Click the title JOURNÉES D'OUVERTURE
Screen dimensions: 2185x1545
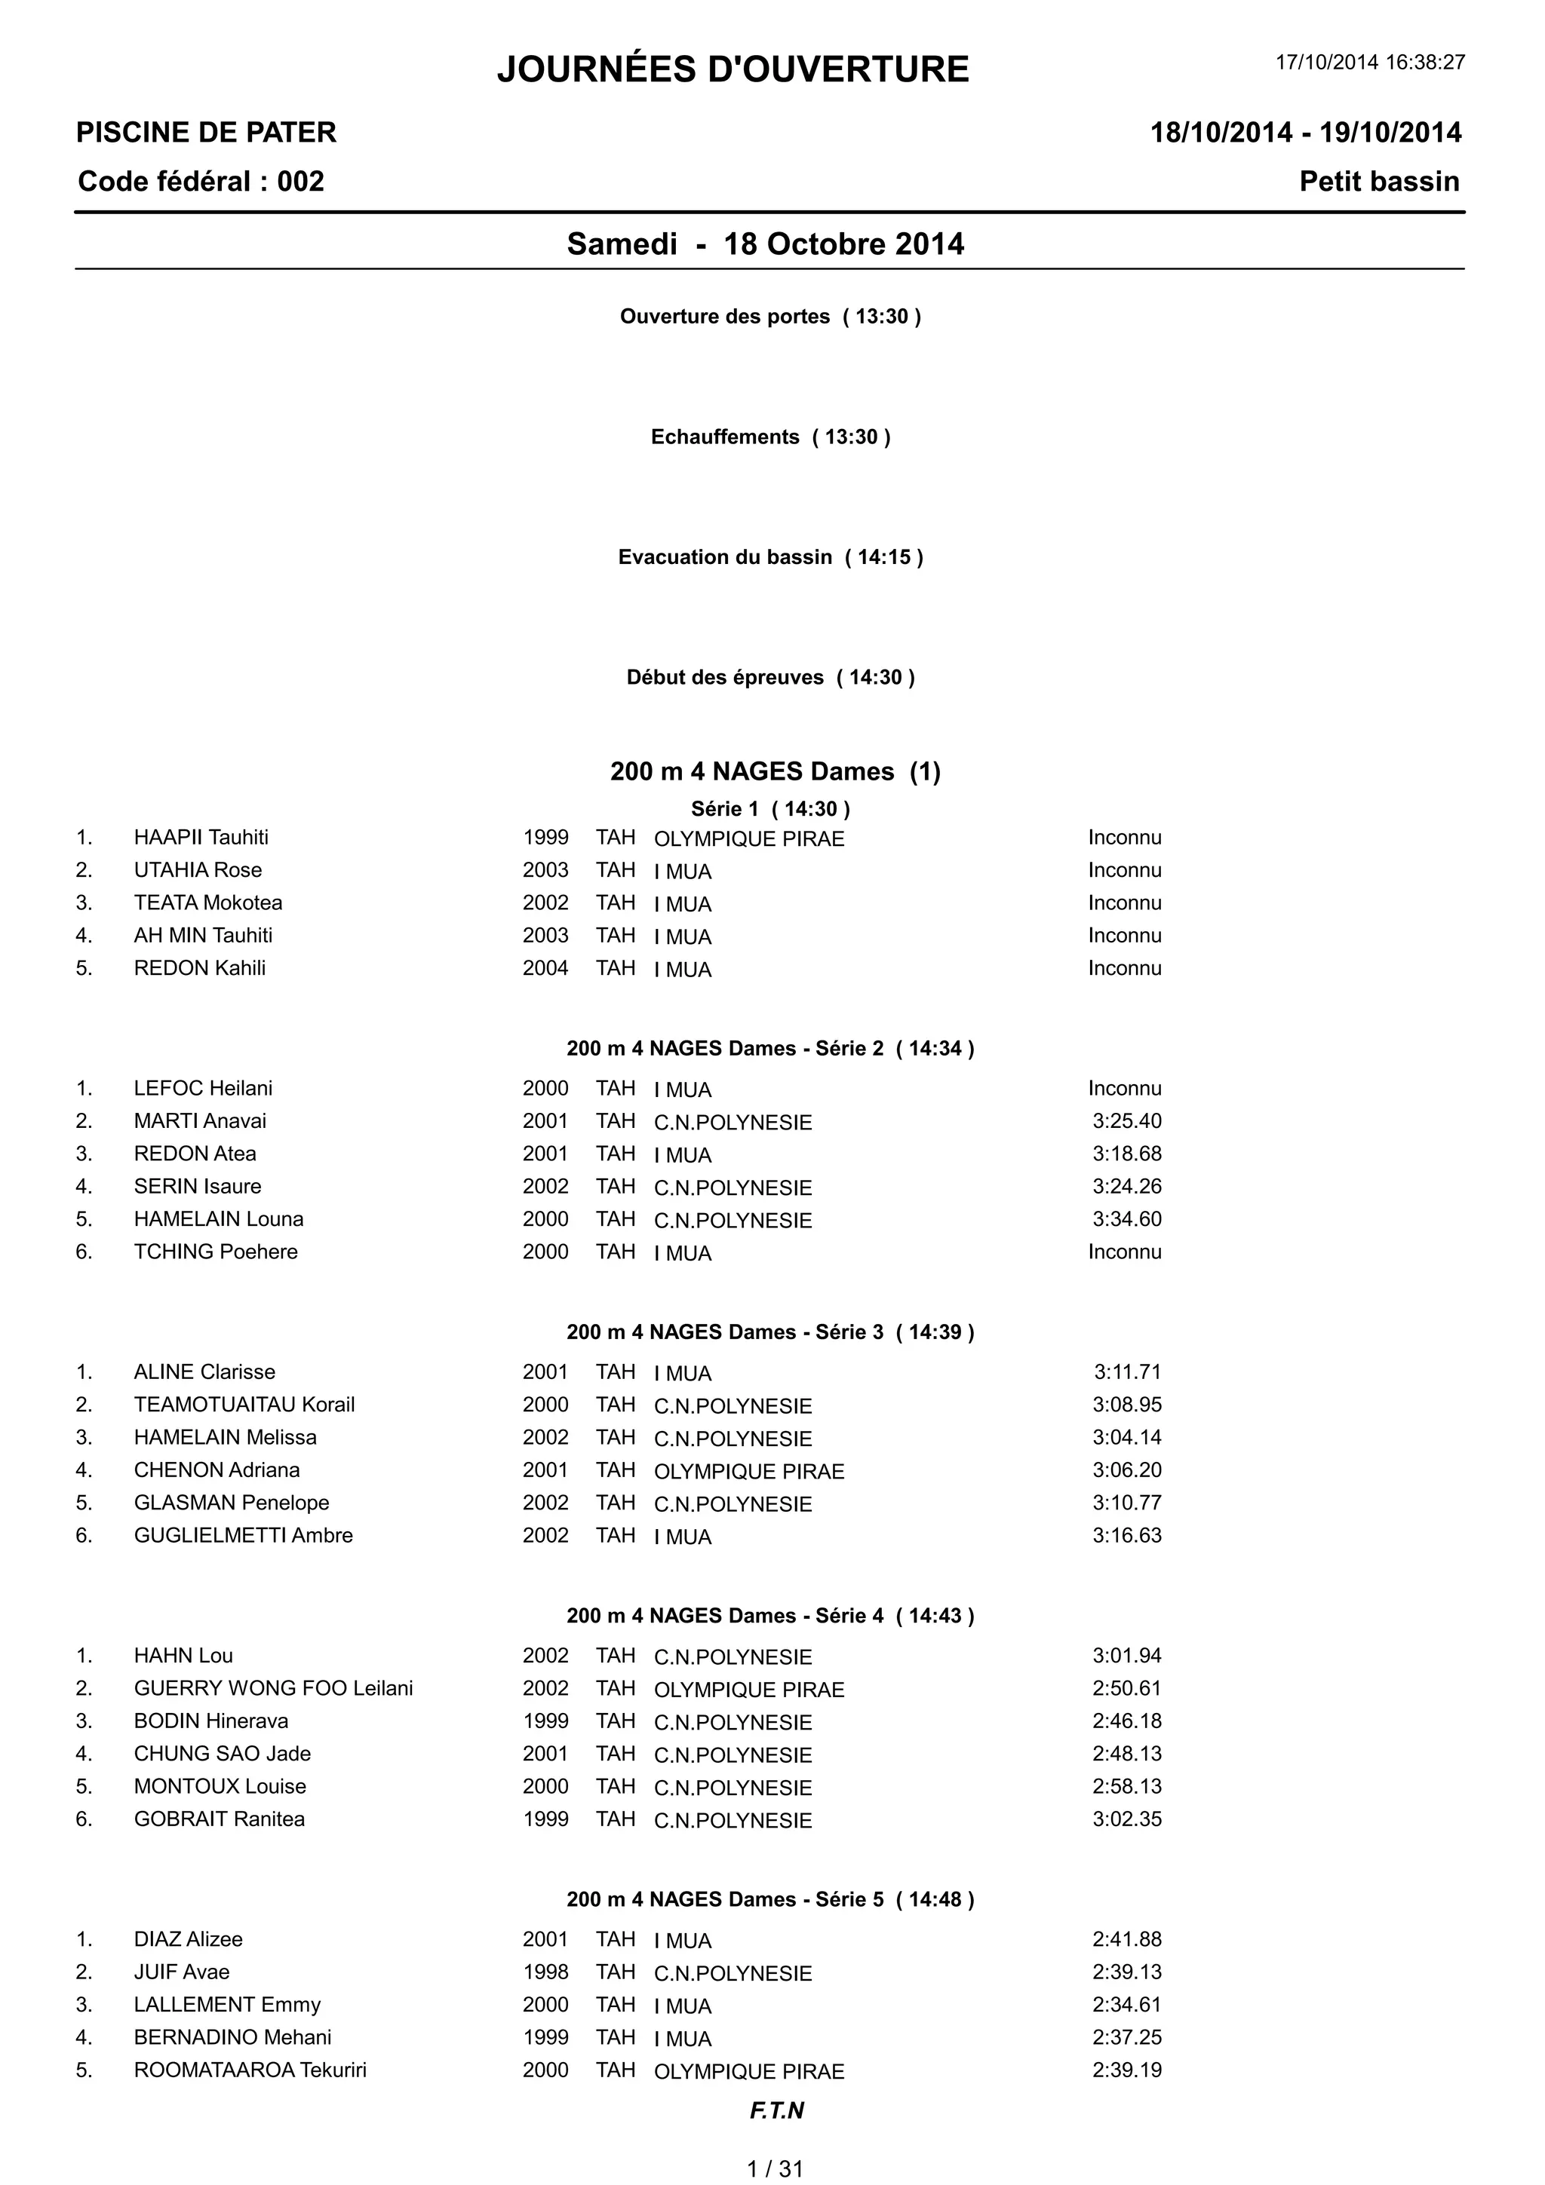point(733,69)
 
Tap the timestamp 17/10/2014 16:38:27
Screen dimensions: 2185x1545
point(1370,63)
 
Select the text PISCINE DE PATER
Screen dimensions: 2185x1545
point(207,132)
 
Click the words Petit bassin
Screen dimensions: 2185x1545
point(1378,182)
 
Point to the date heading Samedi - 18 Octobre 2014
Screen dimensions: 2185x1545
point(766,244)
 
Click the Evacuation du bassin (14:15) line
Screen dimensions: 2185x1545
point(770,556)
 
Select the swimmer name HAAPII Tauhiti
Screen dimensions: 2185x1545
point(201,838)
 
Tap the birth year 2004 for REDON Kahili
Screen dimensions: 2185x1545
point(545,968)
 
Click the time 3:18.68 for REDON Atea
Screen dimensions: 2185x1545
point(1127,1154)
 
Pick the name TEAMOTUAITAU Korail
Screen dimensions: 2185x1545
point(244,1405)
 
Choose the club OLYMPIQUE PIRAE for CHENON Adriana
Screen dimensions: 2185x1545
point(749,1471)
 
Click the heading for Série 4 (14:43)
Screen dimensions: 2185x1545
point(770,1616)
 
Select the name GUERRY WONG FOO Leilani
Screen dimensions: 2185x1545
point(273,1688)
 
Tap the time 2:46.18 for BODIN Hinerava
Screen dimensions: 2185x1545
point(1127,1721)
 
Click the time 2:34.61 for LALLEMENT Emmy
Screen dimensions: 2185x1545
point(1127,2004)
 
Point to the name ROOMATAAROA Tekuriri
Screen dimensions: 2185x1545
point(250,2070)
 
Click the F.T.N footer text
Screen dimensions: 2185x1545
point(777,2111)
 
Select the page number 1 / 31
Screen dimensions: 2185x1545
point(775,2169)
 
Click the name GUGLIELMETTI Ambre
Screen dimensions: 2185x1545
point(243,1535)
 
